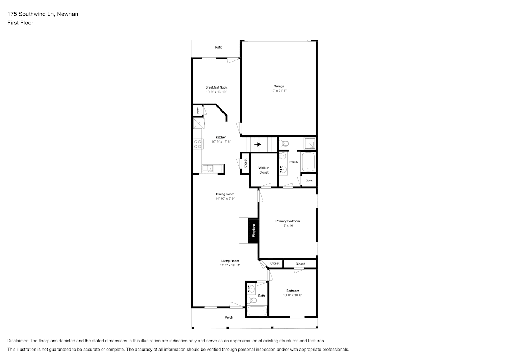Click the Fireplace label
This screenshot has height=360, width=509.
[x=254, y=230]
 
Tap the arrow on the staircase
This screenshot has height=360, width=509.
[x=257, y=144]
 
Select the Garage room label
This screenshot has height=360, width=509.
[x=279, y=86]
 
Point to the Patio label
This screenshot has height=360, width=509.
[x=219, y=47]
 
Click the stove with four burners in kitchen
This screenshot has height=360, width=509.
[x=198, y=144]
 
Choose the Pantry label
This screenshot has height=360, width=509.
[x=198, y=111]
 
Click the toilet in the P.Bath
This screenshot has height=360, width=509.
[x=284, y=143]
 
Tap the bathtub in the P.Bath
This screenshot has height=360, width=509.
[x=308, y=162]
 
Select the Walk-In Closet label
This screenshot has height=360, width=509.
[x=264, y=170]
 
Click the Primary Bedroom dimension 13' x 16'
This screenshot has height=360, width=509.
[x=288, y=226]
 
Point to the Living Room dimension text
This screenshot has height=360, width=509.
[x=230, y=265]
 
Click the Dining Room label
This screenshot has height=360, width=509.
[x=225, y=194]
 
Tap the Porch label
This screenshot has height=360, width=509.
[x=229, y=318]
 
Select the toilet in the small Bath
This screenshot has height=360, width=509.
[x=252, y=301]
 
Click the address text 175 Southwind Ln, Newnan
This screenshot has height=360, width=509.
[x=43, y=14]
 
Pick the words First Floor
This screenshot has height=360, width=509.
[x=20, y=23]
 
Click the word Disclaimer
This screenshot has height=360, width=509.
[x=18, y=341]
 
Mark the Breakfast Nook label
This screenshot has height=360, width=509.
[x=216, y=87]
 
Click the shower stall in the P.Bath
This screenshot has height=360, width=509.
[x=310, y=143]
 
